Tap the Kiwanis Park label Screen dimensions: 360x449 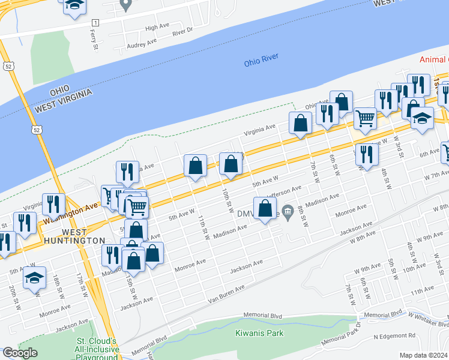[259, 333]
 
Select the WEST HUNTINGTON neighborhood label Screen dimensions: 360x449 [74, 236]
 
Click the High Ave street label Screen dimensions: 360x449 [157, 28]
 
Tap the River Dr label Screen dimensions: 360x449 [182, 30]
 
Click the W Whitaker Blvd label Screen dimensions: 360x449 [427, 318]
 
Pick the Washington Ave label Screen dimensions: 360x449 [70, 214]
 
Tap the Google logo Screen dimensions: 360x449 [20, 353]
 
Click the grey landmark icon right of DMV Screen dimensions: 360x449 [288, 211]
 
